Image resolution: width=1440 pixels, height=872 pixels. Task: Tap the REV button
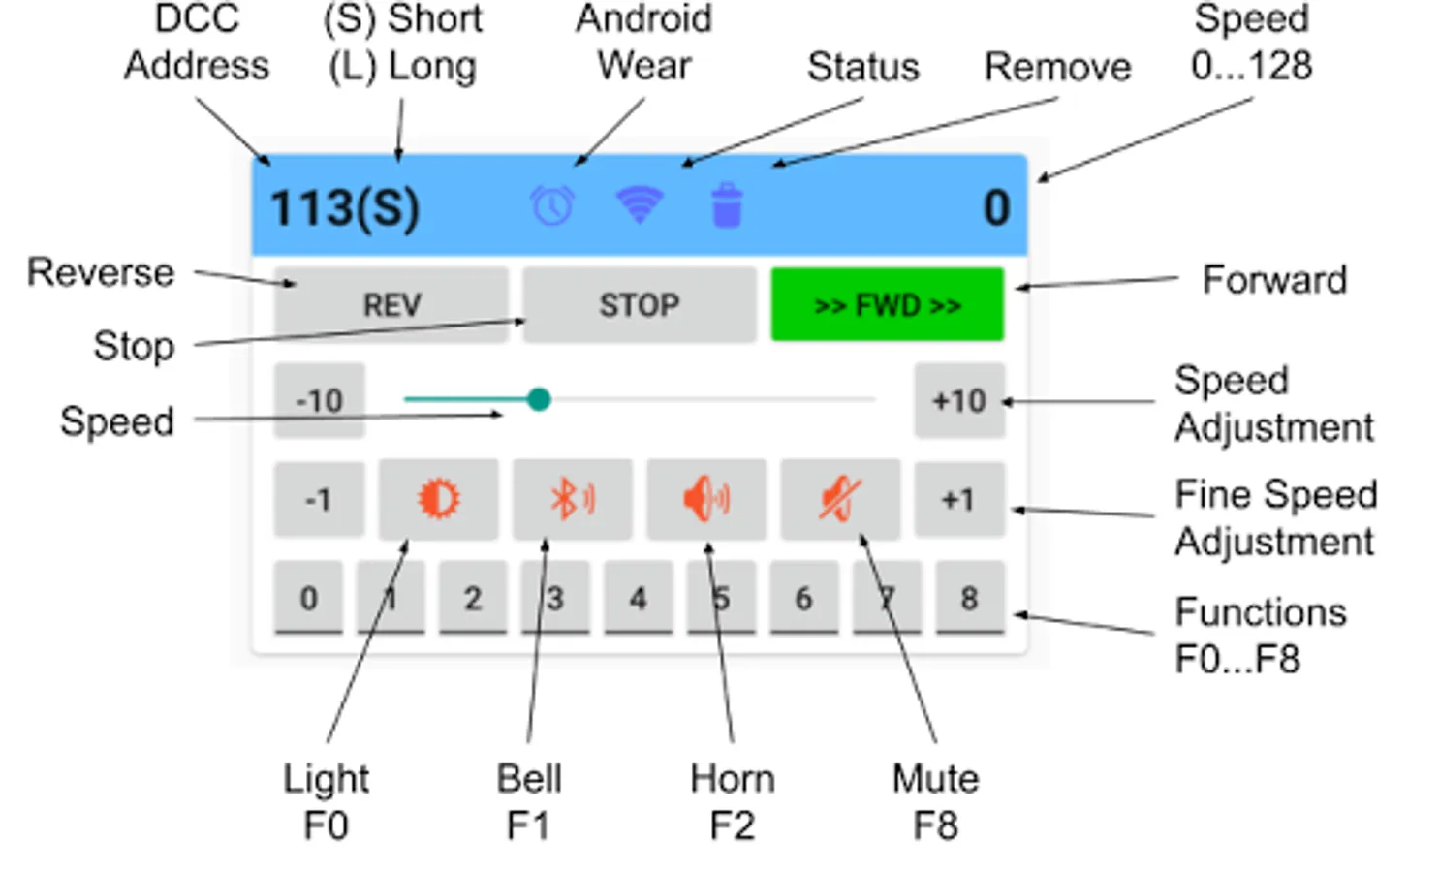(391, 305)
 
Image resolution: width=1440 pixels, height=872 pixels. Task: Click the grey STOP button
(639, 305)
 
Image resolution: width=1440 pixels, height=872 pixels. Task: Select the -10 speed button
(320, 400)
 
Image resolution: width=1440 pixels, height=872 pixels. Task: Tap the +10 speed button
(958, 400)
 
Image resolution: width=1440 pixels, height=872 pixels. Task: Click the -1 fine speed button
(319, 500)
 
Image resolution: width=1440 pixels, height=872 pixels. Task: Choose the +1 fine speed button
(958, 500)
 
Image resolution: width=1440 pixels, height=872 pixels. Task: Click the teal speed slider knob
(539, 399)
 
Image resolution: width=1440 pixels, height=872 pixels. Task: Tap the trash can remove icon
(727, 205)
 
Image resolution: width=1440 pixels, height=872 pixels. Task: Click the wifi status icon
(640, 203)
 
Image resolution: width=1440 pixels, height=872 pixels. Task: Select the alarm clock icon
(552, 205)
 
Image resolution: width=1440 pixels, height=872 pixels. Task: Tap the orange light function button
(438, 500)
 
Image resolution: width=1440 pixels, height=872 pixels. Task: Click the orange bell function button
(572, 500)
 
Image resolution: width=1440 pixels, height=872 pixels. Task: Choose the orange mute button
(839, 500)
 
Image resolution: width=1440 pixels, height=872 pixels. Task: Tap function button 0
(308, 599)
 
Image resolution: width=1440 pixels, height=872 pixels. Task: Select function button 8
(969, 599)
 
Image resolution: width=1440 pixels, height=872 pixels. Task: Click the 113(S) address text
(344, 207)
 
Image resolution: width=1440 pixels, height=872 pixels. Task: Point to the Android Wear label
(644, 43)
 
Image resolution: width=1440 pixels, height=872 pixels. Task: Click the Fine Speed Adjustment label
(1275, 517)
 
